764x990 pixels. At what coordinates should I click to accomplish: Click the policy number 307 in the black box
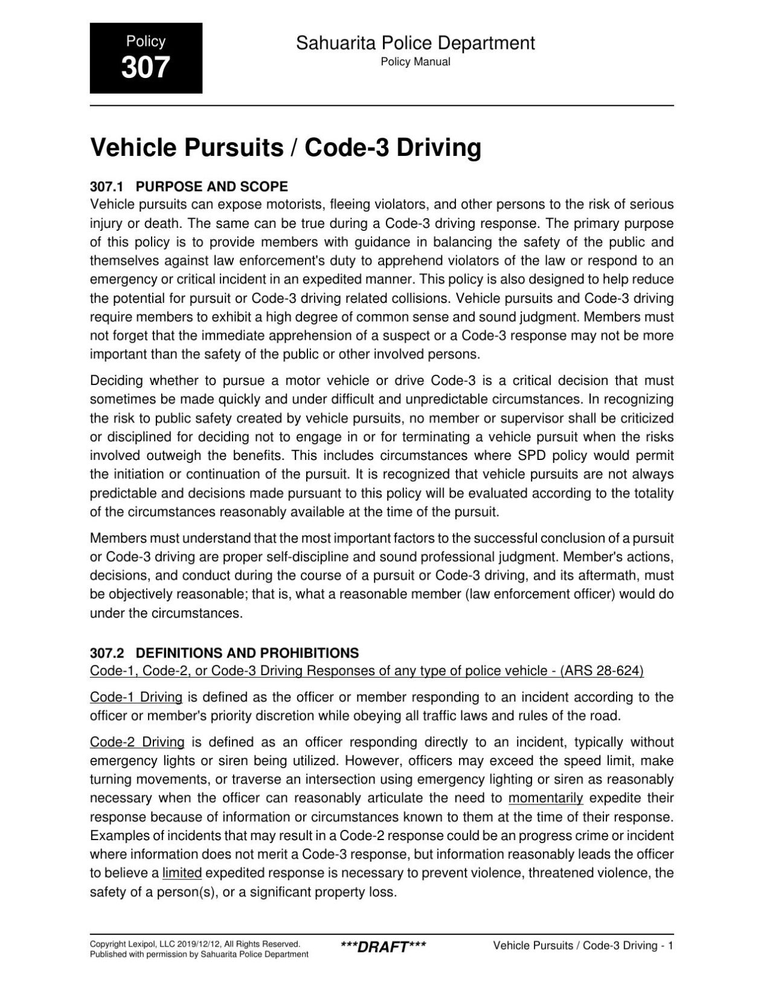[146, 66]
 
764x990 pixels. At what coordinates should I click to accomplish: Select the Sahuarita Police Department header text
[415, 43]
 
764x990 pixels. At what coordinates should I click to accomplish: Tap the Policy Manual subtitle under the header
[415, 62]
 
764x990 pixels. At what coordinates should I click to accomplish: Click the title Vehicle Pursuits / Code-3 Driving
[285, 148]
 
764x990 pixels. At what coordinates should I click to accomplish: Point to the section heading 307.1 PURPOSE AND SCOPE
[188, 186]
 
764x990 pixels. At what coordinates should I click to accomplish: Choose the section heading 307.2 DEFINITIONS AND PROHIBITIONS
[224, 653]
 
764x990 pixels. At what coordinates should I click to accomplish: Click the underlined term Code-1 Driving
[136, 697]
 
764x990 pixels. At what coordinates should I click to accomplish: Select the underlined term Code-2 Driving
[137, 742]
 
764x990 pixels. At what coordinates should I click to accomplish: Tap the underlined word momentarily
[545, 798]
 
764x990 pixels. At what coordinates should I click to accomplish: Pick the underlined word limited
[182, 873]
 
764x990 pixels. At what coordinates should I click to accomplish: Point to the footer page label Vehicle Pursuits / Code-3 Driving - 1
[583, 945]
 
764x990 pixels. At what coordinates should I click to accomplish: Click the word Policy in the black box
[146, 41]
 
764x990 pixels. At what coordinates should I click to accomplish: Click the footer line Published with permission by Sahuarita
[199, 954]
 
